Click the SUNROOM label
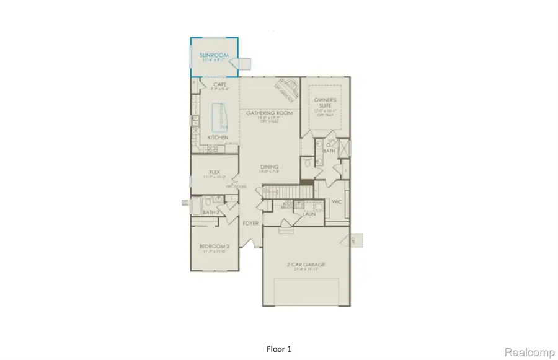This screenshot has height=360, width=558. click(x=214, y=55)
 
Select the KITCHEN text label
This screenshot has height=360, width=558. click(x=218, y=137)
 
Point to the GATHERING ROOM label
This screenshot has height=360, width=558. click(x=269, y=113)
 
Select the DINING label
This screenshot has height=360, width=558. click(x=269, y=167)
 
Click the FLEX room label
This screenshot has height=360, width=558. click(x=215, y=173)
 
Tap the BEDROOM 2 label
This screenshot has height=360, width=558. click(x=215, y=246)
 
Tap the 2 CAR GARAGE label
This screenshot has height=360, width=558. click(x=306, y=265)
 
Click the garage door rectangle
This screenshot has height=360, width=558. click(x=306, y=291)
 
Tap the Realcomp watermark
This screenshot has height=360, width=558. click(x=529, y=351)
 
